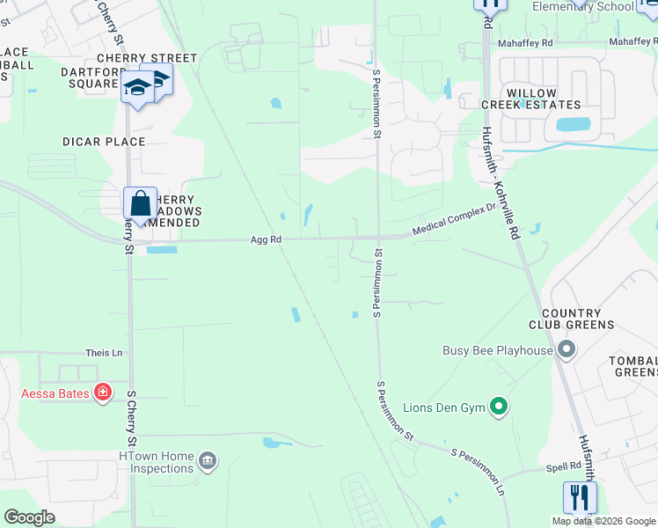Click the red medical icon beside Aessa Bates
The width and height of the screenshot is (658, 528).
tap(103, 392)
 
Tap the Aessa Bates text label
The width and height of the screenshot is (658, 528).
tap(55, 393)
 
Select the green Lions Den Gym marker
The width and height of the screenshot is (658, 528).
tap(500, 407)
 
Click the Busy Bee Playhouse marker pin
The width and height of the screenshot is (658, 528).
tap(567, 350)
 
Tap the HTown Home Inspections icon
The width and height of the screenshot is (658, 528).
tap(207, 460)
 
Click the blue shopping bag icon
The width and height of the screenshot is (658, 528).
tap(140, 203)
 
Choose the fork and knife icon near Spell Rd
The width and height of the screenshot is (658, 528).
tap(580, 497)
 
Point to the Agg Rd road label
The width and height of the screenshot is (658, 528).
tap(266, 239)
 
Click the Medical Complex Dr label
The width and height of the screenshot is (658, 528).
tap(455, 227)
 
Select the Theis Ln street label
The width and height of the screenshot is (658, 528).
tap(104, 353)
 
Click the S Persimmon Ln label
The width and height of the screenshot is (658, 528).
tap(479, 472)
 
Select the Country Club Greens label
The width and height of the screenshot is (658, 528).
tap(572, 319)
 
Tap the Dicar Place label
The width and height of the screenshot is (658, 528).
tap(104, 142)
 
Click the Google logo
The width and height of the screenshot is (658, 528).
tap(29, 517)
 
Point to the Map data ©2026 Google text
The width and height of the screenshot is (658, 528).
tap(603, 521)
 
